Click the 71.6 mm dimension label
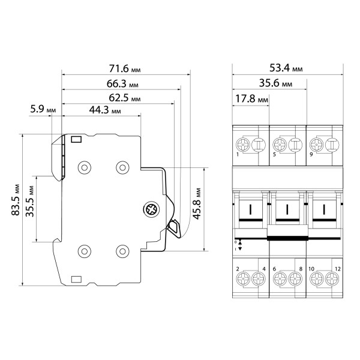pyautogui.click(x=124, y=68)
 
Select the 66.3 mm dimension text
pyautogui.click(x=122, y=83)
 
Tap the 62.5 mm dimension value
pyautogui.click(x=124, y=98)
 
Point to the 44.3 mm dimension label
pyautogui.click(x=105, y=110)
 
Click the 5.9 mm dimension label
pyautogui.click(x=43, y=109)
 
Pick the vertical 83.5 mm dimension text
pyautogui.click(x=16, y=200)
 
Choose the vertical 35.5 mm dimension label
pyautogui.click(x=30, y=202)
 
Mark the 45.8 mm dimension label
pyautogui.click(x=197, y=204)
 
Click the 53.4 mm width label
pyautogui.click(x=286, y=68)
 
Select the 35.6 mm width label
pyautogui.click(x=275, y=83)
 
